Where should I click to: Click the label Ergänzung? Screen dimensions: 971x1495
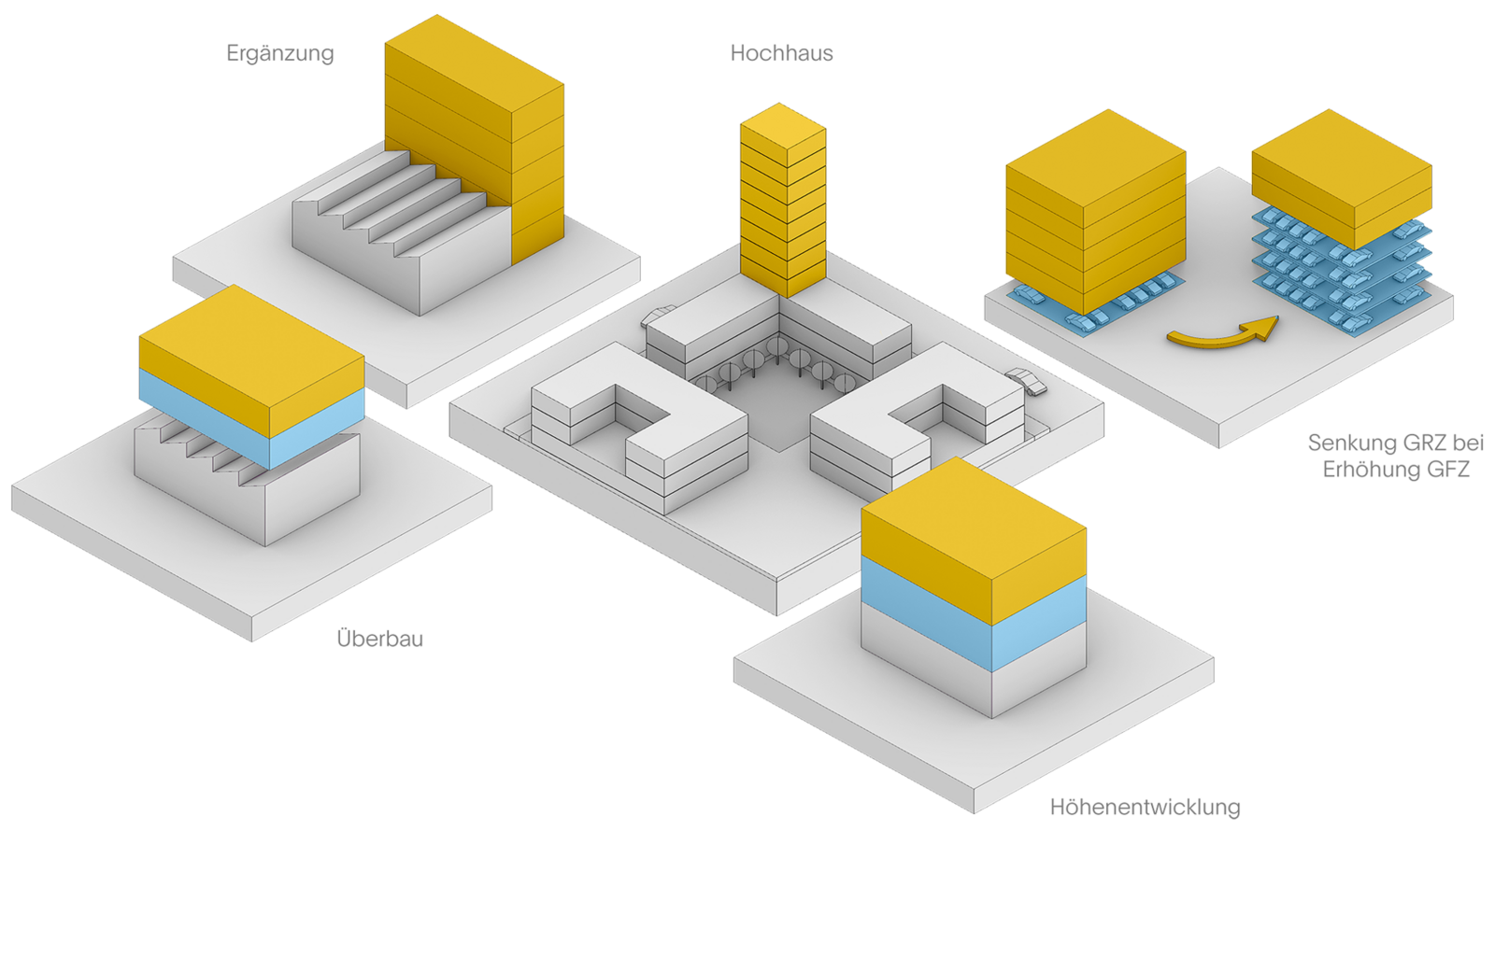(279, 53)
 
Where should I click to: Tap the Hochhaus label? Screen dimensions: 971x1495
(781, 53)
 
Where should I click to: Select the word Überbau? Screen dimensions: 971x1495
(379, 639)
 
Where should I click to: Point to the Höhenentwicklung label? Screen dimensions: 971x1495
(1146, 807)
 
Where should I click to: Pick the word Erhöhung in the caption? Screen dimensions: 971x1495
(1370, 470)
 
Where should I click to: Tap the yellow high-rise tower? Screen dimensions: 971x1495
(782, 201)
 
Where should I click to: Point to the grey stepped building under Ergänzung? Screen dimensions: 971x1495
(392, 233)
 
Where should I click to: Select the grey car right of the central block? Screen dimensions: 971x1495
(1027, 382)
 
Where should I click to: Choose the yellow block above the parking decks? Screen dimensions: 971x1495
(1341, 177)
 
